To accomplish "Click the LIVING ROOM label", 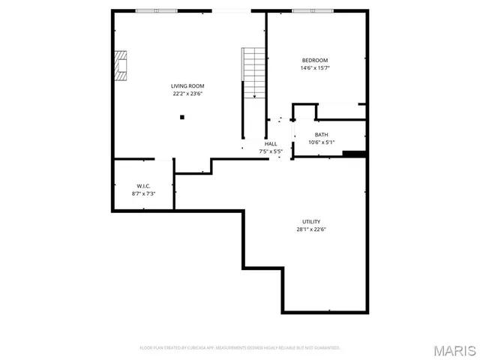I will pos(187,86).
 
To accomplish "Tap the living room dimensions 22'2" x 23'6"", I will pos(187,94).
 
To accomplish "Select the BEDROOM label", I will pos(315,60).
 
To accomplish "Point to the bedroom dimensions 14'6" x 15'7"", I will pos(315,68).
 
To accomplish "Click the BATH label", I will pos(321,134).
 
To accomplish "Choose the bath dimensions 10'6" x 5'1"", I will pos(321,142).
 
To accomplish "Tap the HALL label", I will pos(271,143).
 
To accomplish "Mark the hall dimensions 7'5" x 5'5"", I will pos(271,151).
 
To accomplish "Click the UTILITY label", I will pos(311,221).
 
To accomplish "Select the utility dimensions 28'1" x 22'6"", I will pos(311,229).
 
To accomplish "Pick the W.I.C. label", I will pos(143,185).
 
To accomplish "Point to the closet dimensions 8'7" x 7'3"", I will pos(143,193).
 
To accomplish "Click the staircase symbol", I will pos(253,72).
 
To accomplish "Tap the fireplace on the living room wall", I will pos(121,65).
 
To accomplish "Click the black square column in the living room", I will pos(181,117).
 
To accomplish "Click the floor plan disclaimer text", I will pos(240,348).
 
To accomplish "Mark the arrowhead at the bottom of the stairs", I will pos(254,96).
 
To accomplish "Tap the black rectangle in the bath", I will pos(352,154).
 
